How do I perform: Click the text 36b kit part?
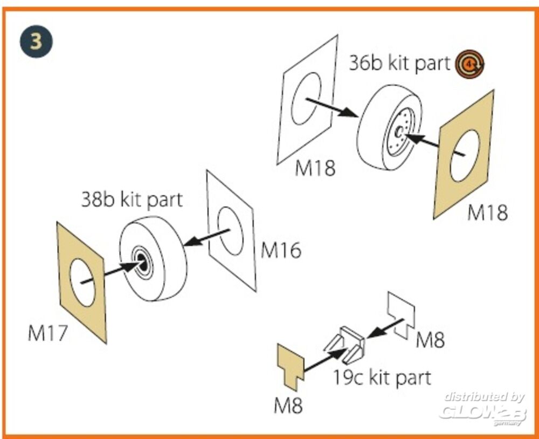(x=399, y=63)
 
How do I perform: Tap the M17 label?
(x=48, y=333)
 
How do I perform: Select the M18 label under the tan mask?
(x=487, y=212)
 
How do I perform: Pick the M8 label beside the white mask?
(x=430, y=340)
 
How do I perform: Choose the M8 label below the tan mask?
(x=288, y=405)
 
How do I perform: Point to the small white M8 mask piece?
(x=402, y=313)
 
